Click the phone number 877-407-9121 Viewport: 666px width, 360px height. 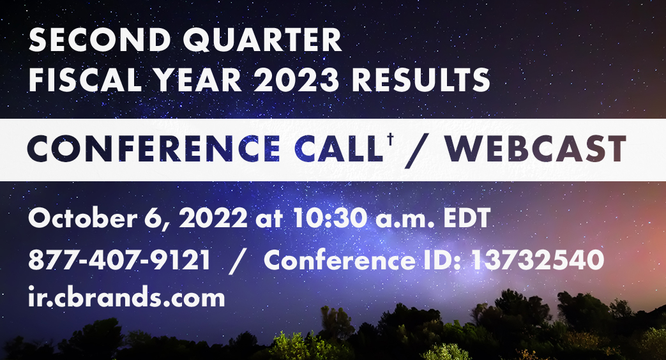tap(119, 260)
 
